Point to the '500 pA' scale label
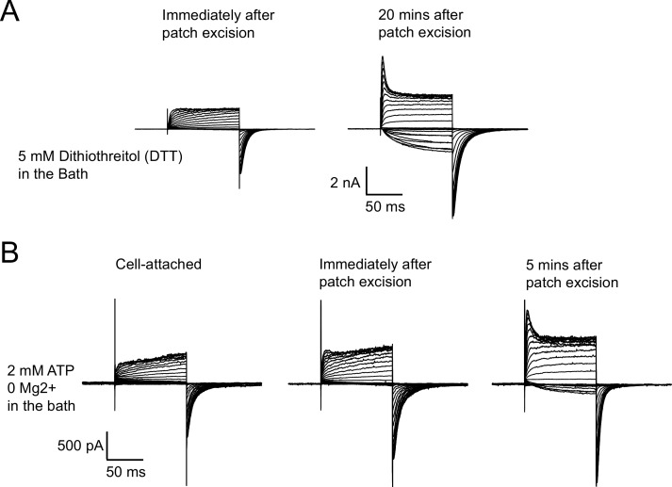click(x=76, y=445)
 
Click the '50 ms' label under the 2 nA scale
click(x=385, y=206)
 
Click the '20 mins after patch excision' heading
click(x=423, y=24)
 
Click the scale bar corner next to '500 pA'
click(x=107, y=455)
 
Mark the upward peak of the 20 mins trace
click(x=382, y=58)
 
